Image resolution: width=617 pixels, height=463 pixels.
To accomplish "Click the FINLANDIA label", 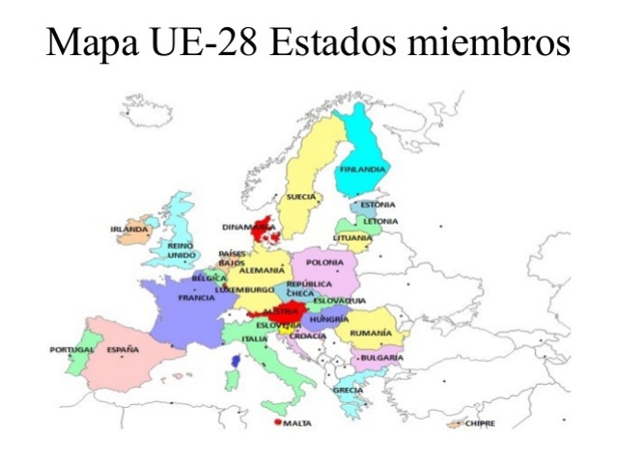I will [x=362, y=169].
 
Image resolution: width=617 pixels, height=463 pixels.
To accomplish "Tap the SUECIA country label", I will [x=300, y=197].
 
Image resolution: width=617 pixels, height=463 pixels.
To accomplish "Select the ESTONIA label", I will [x=378, y=204].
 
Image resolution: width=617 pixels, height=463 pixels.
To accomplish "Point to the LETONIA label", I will [x=380, y=221].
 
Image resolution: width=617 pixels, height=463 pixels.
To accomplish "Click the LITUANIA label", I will [x=352, y=237].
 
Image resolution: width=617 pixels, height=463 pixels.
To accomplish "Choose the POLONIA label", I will [x=324, y=262].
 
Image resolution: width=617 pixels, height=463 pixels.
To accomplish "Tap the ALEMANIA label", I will [x=262, y=271].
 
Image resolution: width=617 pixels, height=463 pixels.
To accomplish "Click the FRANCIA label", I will [x=196, y=298].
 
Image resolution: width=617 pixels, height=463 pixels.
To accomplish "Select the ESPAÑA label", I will [x=123, y=349].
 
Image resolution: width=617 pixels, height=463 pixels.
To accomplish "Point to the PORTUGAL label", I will [x=72, y=349].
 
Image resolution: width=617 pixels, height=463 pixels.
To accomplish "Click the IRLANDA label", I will [x=128, y=230].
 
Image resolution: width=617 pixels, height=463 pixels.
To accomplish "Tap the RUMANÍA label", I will [x=371, y=333].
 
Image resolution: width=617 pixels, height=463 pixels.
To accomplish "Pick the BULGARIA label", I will [x=382, y=358].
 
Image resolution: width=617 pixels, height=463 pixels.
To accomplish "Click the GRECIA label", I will [x=348, y=390].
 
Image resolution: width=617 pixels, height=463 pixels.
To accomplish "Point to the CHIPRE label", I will [x=480, y=422].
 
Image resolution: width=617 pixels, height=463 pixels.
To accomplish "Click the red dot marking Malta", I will [x=278, y=422].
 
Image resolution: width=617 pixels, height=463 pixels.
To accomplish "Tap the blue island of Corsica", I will [x=235, y=359].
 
